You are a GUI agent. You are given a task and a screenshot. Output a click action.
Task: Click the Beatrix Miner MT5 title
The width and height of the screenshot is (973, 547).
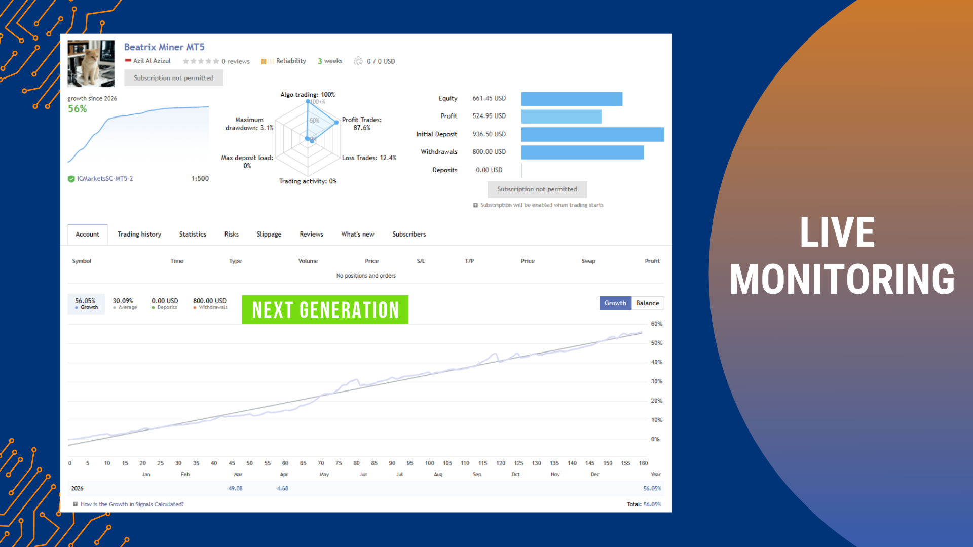164,47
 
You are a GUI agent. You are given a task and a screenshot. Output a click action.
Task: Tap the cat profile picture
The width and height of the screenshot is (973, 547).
91,63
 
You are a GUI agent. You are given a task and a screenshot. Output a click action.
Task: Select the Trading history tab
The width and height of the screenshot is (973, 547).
139,234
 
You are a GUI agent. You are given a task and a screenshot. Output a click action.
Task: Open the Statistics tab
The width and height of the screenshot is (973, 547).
193,234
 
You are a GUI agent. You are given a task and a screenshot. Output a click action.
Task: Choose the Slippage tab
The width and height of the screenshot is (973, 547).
269,234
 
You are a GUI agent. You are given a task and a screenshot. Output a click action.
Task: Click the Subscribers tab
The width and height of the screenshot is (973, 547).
409,234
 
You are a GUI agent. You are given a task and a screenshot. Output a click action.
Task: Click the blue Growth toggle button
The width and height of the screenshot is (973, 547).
615,303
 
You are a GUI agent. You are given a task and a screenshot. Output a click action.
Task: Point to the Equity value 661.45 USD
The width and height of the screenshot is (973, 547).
489,98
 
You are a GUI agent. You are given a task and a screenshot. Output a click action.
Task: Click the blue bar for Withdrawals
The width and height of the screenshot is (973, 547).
582,152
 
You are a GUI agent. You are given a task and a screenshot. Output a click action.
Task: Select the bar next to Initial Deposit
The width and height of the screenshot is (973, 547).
592,134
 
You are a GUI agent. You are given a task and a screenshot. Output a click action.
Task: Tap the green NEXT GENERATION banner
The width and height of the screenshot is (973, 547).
325,309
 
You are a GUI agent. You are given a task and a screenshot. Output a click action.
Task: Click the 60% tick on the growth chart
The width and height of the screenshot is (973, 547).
656,324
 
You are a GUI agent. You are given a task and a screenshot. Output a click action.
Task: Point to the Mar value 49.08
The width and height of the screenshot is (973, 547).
235,488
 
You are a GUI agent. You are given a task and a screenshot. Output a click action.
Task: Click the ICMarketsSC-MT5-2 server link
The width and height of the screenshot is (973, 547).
105,178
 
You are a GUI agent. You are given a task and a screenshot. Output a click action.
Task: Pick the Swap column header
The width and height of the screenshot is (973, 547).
588,261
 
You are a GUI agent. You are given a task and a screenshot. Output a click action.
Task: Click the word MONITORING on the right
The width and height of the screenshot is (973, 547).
842,279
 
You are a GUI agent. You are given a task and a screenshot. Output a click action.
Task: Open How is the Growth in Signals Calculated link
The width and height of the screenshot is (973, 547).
132,504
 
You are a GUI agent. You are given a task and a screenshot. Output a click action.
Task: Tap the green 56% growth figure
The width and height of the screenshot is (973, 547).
78,109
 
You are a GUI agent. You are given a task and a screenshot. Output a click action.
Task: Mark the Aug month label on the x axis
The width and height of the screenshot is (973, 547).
438,474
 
